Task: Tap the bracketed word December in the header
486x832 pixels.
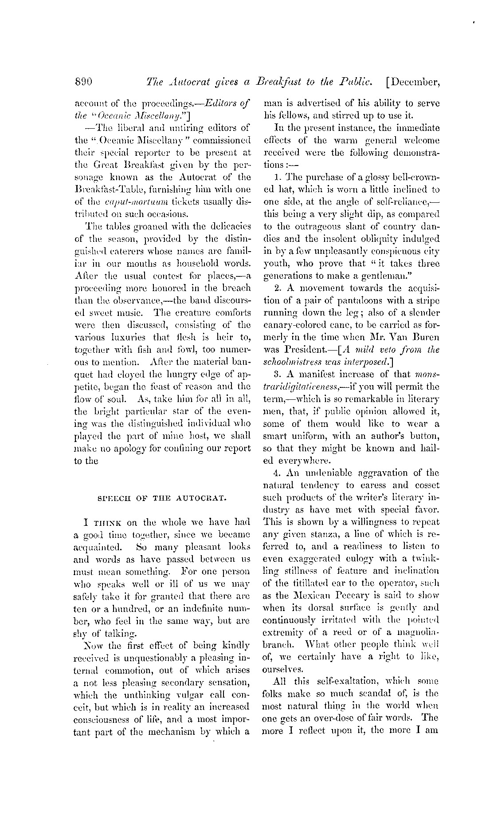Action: [415, 82]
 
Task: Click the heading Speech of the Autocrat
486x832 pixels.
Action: [162, 498]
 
